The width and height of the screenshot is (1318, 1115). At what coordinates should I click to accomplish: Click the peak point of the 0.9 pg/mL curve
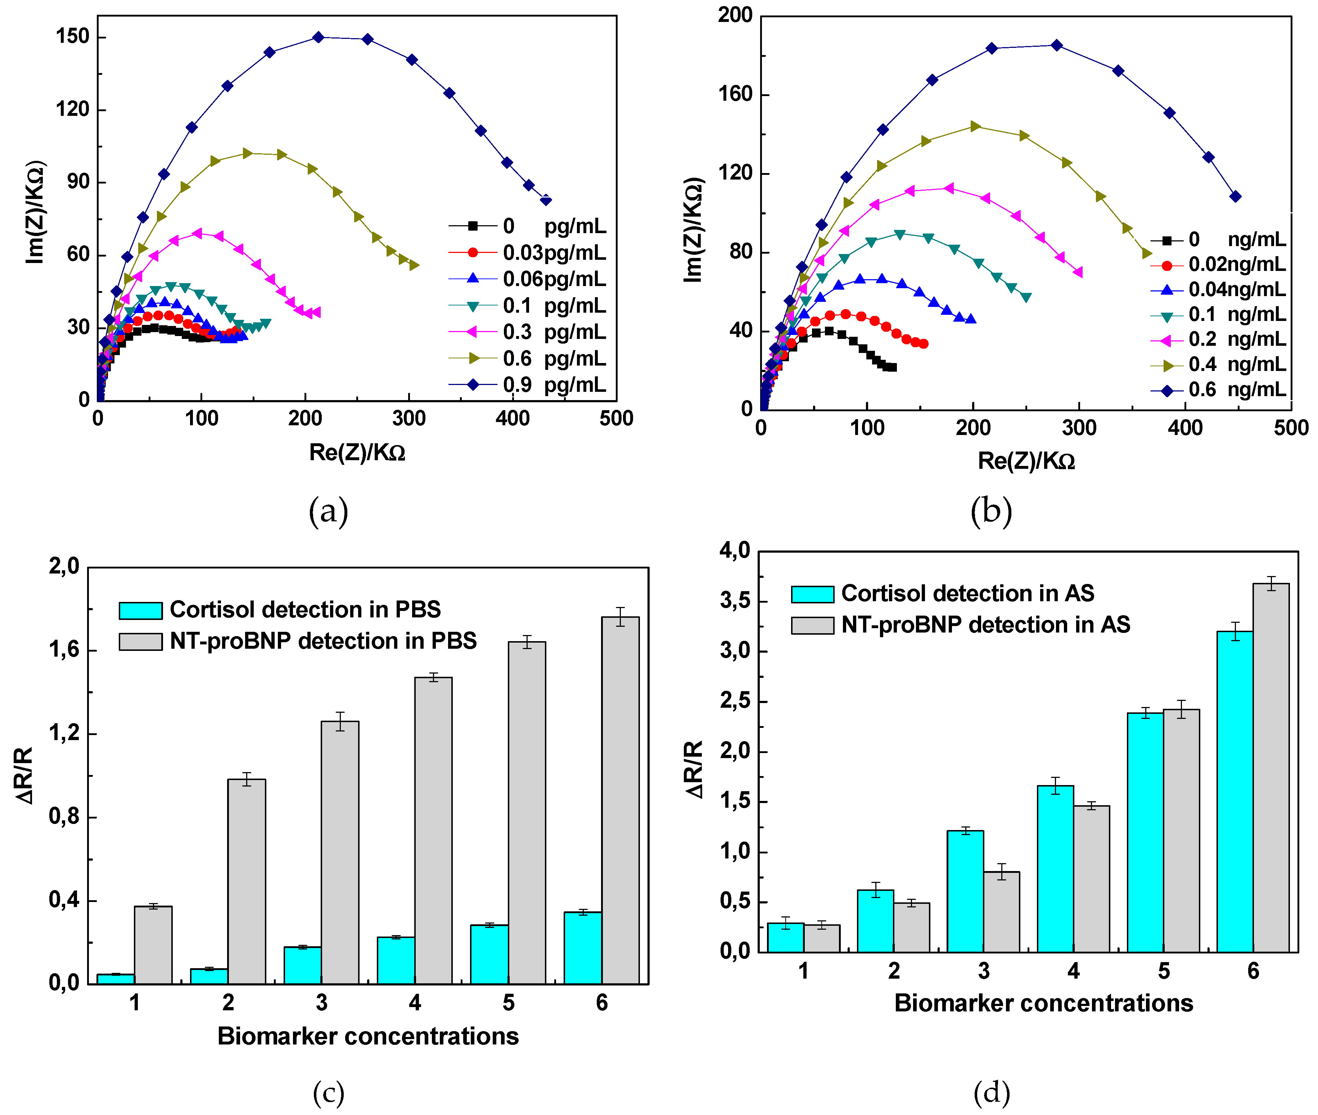pyautogui.click(x=319, y=37)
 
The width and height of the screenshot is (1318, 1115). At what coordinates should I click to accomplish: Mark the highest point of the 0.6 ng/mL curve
pyautogui.click(x=1056, y=45)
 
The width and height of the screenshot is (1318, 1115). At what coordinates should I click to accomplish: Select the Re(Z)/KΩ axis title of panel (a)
pyautogui.click(x=357, y=453)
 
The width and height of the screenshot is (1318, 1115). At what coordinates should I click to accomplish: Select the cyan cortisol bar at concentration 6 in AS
pyautogui.click(x=1235, y=792)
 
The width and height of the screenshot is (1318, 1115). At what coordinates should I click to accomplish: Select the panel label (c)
pyautogui.click(x=329, y=1093)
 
